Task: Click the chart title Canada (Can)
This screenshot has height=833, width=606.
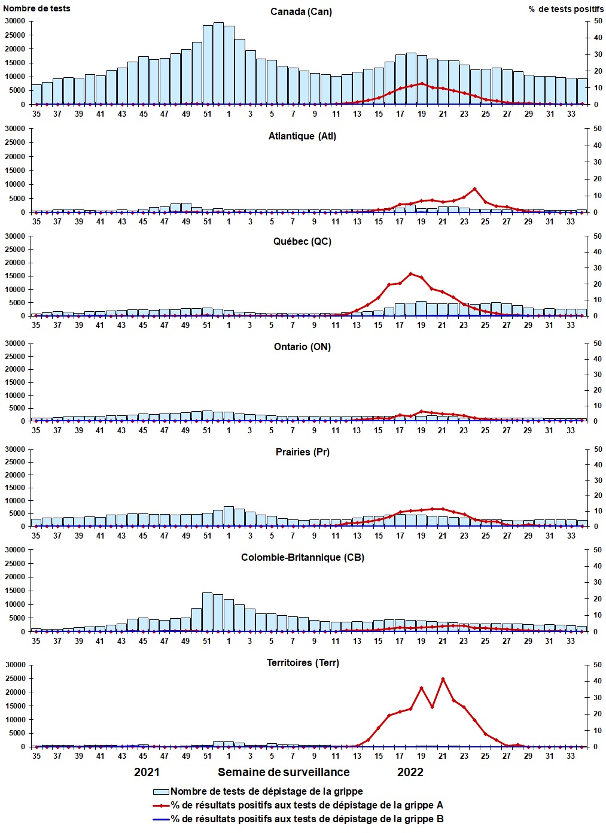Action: click(301, 12)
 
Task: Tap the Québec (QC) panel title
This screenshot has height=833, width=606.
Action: click(302, 241)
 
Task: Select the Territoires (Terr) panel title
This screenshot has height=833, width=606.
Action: click(303, 662)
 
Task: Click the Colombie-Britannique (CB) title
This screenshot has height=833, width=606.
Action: click(303, 557)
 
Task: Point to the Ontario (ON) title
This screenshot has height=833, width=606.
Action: click(302, 346)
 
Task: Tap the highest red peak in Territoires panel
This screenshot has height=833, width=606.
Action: click(443, 679)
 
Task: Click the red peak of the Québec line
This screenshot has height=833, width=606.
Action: click(410, 273)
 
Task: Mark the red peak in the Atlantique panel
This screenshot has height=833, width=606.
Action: click(474, 189)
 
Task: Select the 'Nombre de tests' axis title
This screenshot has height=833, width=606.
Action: click(36, 8)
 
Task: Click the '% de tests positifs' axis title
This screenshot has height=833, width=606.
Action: click(566, 9)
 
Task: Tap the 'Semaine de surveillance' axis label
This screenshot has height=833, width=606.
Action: click(284, 772)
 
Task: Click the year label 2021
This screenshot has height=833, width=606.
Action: click(147, 772)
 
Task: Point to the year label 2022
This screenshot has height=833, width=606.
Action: click(410, 772)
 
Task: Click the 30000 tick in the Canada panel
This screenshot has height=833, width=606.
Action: click(15, 21)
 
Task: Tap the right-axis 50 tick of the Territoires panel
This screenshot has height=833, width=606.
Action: click(598, 665)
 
